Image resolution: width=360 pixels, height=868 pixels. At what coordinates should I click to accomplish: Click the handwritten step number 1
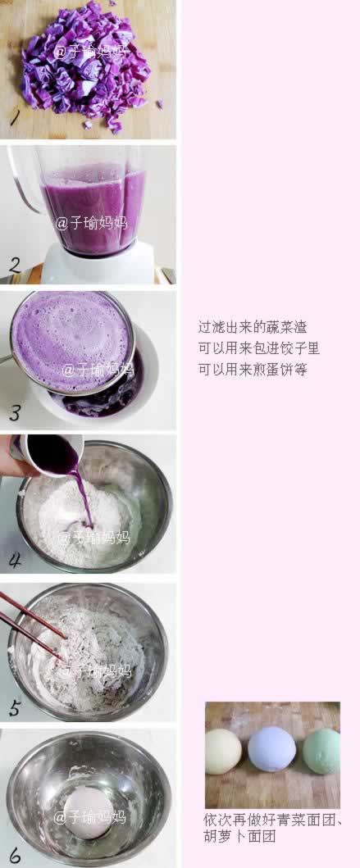click(14, 118)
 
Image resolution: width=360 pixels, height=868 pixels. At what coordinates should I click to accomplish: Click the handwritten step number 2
click(14, 264)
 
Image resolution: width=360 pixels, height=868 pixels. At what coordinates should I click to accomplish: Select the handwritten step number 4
click(15, 560)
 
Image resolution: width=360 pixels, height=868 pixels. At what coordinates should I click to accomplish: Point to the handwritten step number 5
click(14, 707)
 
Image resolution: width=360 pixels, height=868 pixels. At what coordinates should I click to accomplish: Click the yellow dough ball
click(223, 751)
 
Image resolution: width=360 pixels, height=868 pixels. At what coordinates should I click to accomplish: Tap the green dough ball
click(321, 751)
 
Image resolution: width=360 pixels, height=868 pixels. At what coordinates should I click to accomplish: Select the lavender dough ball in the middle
click(271, 748)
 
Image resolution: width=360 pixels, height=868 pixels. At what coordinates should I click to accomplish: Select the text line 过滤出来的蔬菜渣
click(253, 326)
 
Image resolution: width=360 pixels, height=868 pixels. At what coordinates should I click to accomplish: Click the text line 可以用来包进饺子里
click(258, 348)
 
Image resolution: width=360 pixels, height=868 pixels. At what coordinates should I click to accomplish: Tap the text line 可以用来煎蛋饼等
click(253, 370)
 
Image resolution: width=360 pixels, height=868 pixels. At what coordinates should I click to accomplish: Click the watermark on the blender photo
click(91, 223)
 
